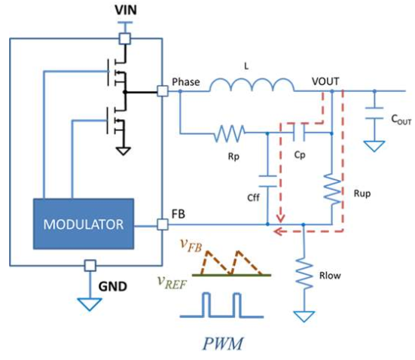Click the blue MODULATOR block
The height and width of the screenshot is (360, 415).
(x=84, y=224)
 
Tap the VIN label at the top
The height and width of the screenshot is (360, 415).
(x=126, y=10)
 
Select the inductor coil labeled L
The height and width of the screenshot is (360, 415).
(x=252, y=84)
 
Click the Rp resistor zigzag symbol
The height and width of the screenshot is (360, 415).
(x=229, y=133)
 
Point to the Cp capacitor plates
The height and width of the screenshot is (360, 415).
(x=299, y=132)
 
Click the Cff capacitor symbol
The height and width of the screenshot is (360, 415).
(x=267, y=181)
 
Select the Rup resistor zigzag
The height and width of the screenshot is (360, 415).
(x=332, y=189)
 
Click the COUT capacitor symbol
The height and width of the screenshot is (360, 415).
(x=374, y=113)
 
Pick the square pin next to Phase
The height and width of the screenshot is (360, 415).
(x=163, y=91)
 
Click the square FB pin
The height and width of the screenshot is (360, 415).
(x=163, y=224)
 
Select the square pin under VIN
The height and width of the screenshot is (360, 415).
(x=125, y=38)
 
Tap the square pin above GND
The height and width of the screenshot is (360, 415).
(x=90, y=266)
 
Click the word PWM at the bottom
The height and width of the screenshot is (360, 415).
(x=223, y=343)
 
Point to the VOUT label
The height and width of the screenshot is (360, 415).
(x=325, y=81)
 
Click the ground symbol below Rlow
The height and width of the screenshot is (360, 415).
(x=304, y=316)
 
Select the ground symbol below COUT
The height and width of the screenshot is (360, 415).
(x=374, y=146)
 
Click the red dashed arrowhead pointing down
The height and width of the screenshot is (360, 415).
(x=280, y=218)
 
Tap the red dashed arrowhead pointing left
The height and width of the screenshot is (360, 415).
(x=278, y=231)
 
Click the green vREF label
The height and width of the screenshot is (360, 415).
(x=172, y=282)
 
